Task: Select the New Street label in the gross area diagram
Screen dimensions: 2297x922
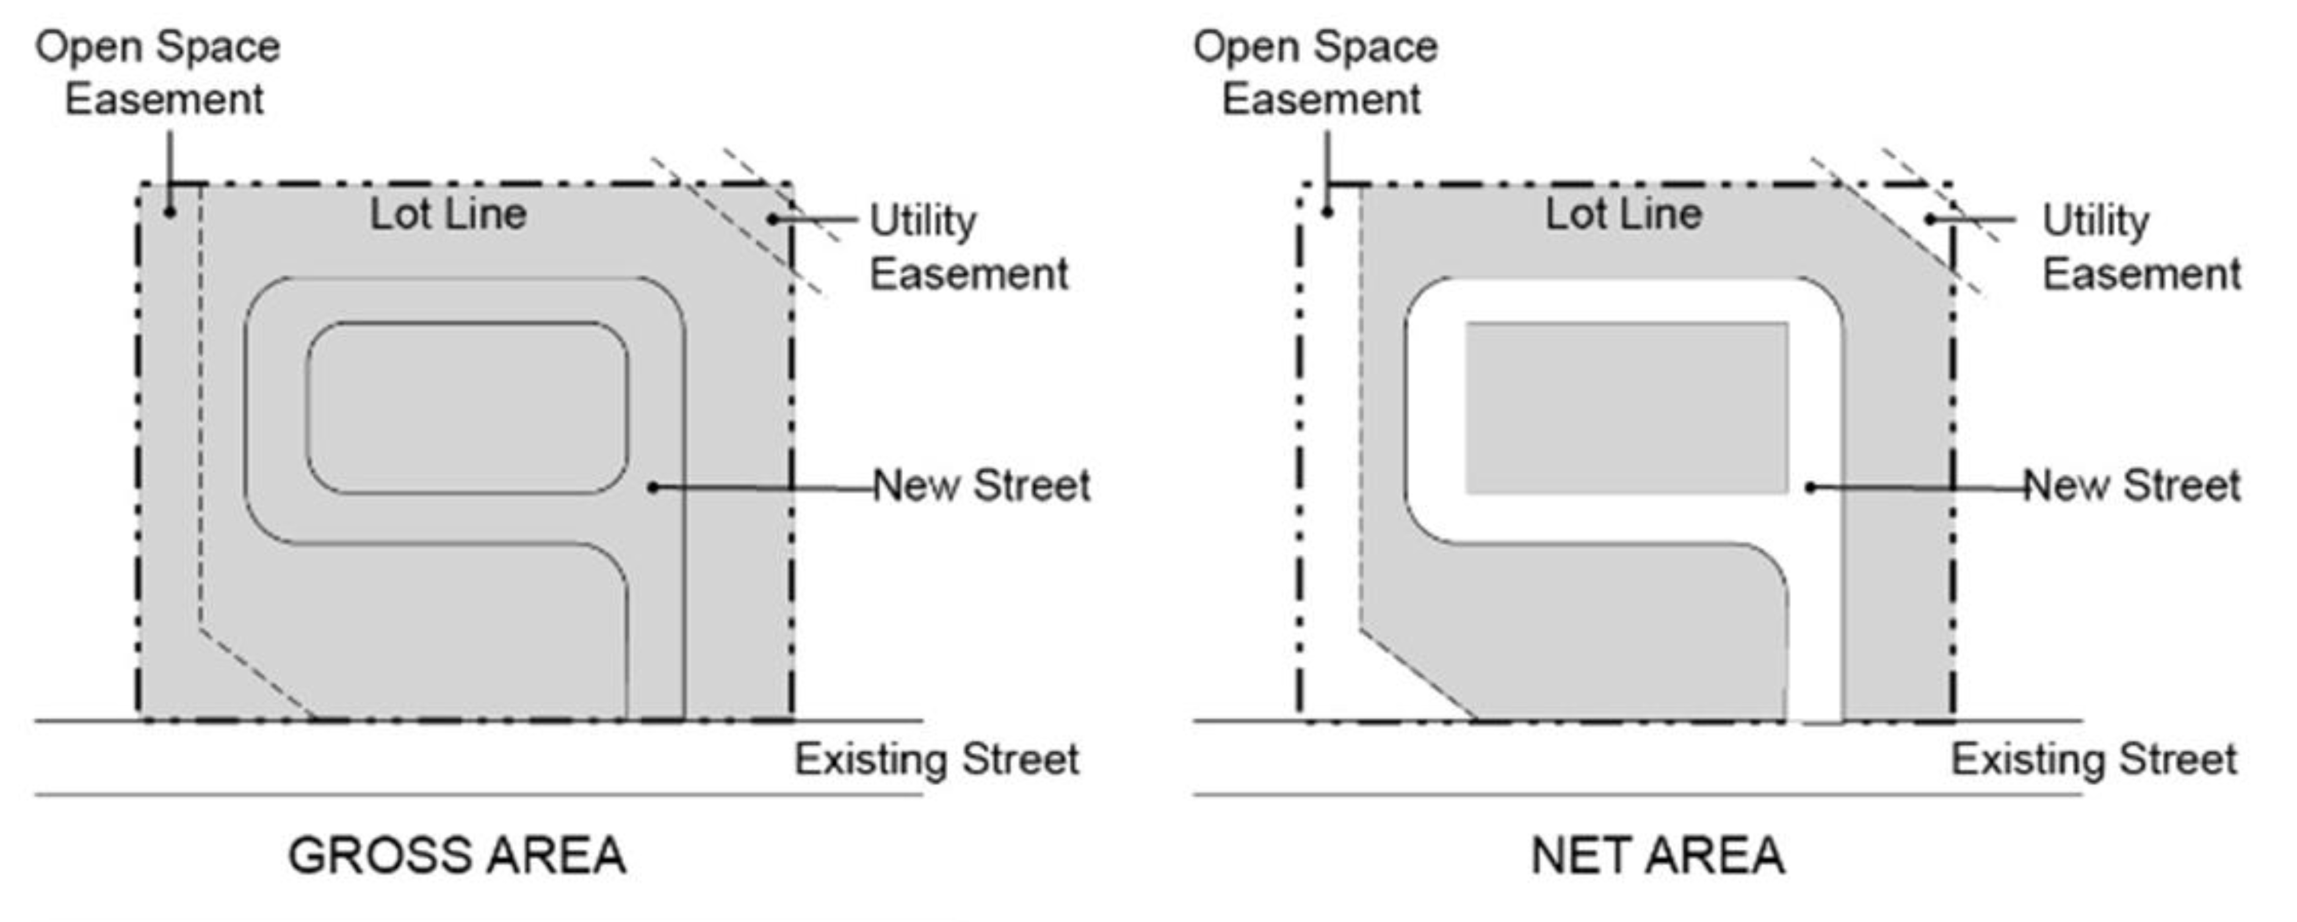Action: (981, 486)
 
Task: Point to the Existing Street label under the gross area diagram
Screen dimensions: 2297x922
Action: (936, 760)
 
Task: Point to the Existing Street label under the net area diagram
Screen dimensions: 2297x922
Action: (2094, 760)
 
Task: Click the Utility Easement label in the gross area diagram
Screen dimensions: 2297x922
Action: (968, 247)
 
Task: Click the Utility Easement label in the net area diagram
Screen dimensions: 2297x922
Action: (2141, 247)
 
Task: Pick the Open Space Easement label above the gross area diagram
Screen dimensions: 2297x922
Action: (159, 72)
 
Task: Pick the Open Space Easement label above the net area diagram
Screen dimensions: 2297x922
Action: (1316, 72)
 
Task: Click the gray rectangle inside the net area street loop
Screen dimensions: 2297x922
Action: (1626, 407)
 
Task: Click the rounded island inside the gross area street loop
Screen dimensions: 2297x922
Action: (467, 407)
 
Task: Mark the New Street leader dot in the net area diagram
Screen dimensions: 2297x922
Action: (1810, 487)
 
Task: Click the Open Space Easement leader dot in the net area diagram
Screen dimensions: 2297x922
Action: (1328, 212)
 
